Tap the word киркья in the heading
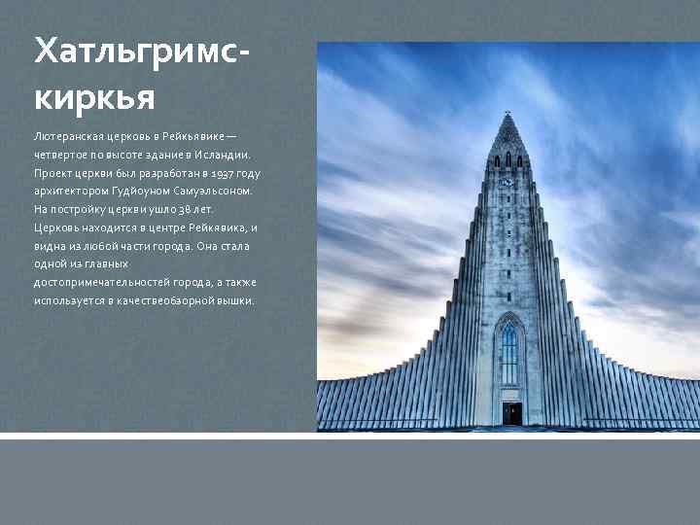[93, 97]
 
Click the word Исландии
[225, 155]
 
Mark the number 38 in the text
[181, 209]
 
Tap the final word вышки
[236, 300]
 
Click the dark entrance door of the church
[511, 412]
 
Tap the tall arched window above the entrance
[509, 354]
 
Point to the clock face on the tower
[507, 182]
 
